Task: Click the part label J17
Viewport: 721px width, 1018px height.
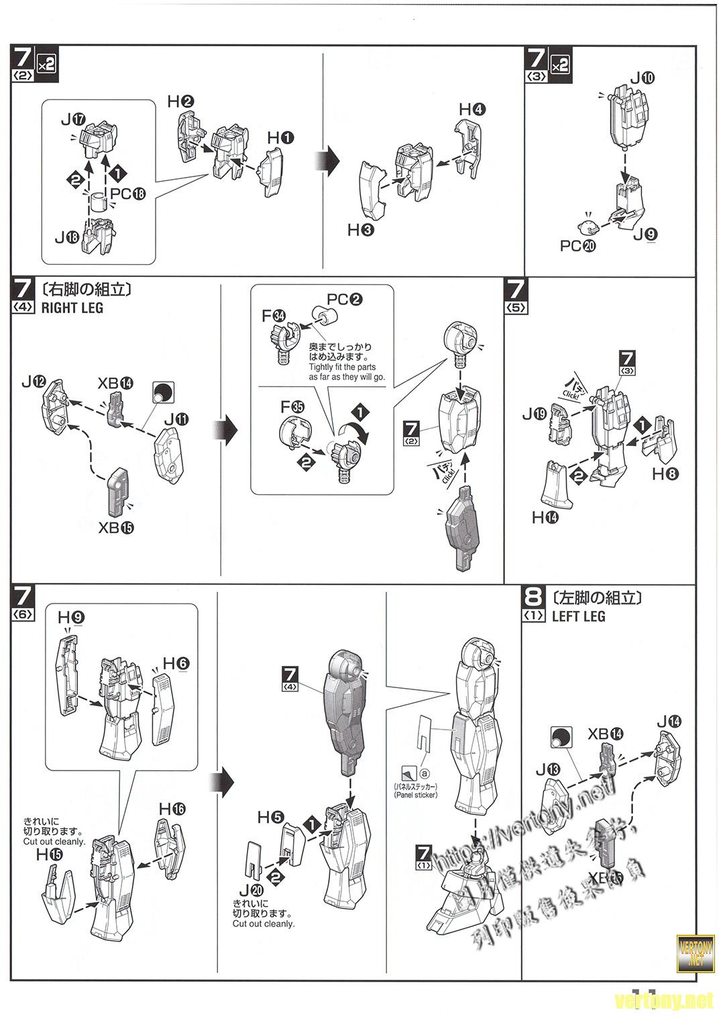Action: click(72, 120)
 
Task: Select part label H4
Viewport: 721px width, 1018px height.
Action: click(472, 109)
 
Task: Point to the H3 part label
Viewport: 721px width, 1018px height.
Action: click(361, 230)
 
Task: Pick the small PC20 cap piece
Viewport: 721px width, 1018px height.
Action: click(587, 224)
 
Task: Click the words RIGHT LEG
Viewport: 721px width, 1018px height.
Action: click(72, 308)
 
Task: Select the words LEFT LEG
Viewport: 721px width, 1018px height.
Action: click(578, 616)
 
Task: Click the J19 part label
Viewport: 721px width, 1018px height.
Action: click(535, 414)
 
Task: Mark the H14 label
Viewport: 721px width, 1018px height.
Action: click(545, 517)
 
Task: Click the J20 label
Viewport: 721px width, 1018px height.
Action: click(254, 889)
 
